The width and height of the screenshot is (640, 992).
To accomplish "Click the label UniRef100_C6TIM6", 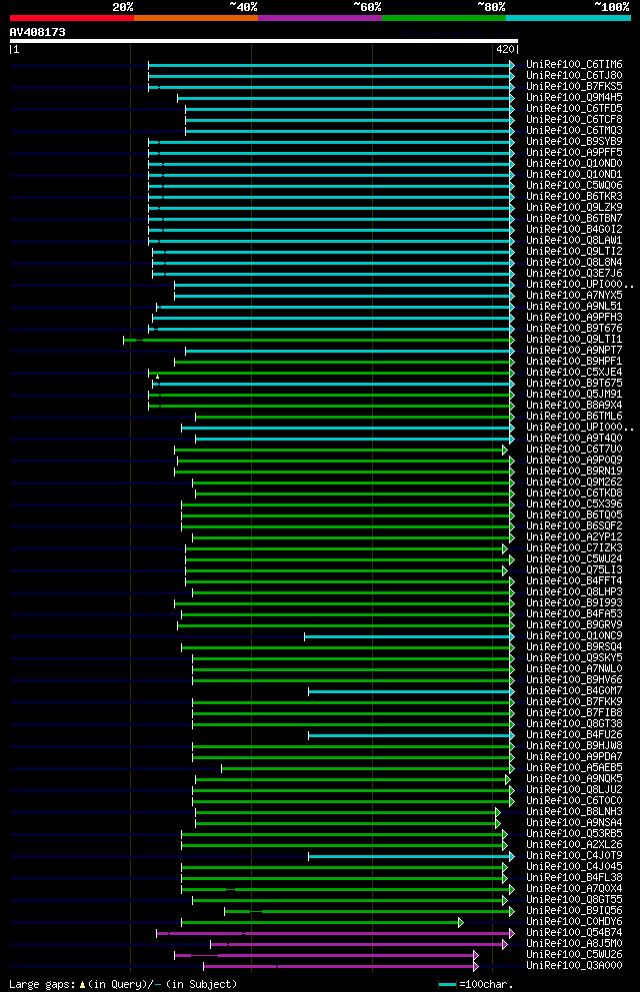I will point(573,65).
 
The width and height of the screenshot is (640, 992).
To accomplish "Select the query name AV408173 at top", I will point(37,32).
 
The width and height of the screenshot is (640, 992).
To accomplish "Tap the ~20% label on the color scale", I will point(122,7).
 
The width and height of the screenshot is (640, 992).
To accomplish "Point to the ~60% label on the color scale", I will point(367,7).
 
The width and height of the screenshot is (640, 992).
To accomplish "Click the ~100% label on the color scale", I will point(611,7).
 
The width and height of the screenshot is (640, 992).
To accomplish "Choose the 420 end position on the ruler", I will point(505,48).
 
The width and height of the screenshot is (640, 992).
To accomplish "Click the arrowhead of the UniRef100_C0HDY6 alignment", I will point(461,922).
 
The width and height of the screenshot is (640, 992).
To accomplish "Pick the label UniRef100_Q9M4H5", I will point(573,98).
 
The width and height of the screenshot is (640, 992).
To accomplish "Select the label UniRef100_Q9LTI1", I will point(573,340).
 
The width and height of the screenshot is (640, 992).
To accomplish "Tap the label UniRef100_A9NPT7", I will point(573,351).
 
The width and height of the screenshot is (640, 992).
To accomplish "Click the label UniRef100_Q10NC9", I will point(573,636).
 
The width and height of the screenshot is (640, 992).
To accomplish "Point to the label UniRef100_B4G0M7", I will point(573,691).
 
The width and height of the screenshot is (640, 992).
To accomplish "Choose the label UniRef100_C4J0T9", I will point(573,856).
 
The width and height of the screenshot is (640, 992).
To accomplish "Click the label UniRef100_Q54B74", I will point(573,933).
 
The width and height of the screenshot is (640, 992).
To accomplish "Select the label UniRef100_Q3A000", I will point(573,966).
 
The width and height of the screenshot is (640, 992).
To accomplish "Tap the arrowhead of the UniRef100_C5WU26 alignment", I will point(476,955).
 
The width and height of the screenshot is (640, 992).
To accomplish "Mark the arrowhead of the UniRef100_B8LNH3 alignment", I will point(497,812).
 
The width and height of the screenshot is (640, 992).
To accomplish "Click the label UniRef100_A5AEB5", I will point(573,768).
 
